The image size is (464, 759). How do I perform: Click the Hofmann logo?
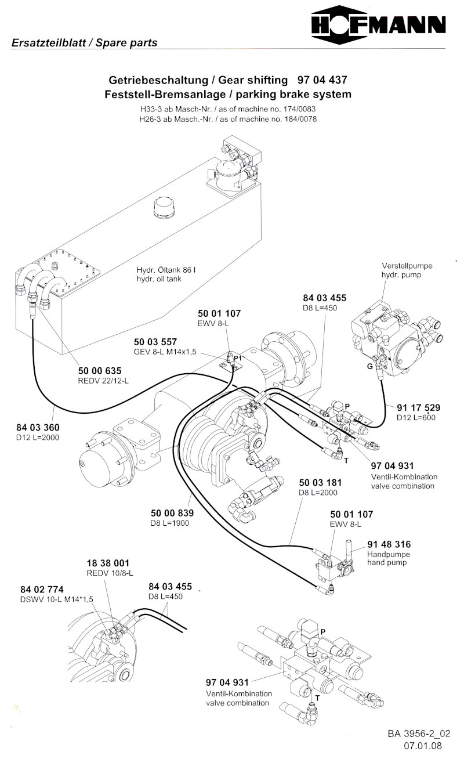tap(379, 25)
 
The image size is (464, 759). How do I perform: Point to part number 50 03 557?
tap(155, 342)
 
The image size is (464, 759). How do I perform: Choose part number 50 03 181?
tap(320, 483)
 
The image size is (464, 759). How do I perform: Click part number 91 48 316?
tap(389, 544)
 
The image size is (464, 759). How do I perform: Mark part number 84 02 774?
tap(42, 589)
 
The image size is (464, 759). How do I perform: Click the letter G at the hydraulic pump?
tap(370, 367)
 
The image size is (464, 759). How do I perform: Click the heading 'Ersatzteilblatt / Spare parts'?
tap(84, 42)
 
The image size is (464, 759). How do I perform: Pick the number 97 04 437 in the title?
tap(322, 79)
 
